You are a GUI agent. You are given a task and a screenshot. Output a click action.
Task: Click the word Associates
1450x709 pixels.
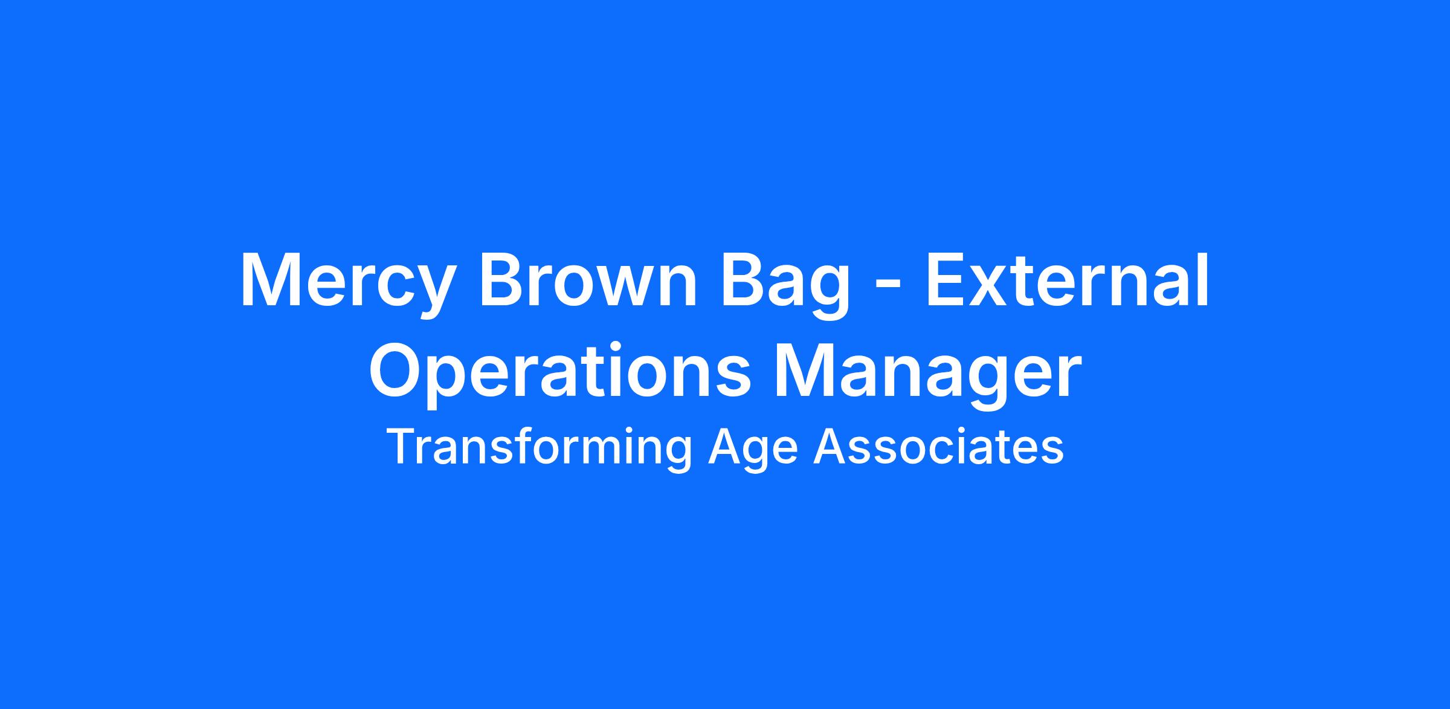939,447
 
